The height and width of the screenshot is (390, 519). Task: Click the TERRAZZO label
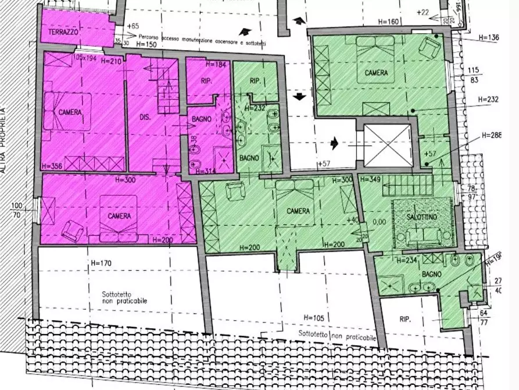[x=63, y=32]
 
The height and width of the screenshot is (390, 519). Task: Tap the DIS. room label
[x=145, y=117]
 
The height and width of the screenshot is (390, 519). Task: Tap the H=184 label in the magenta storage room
[x=206, y=64]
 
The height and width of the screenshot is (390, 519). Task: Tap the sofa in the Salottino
[x=423, y=235]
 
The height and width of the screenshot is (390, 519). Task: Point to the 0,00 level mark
[x=379, y=222]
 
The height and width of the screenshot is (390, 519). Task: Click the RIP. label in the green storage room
[x=253, y=81]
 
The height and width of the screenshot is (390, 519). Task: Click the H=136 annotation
[x=489, y=38]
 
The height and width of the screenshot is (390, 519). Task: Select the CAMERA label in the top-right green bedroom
[x=376, y=73]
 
